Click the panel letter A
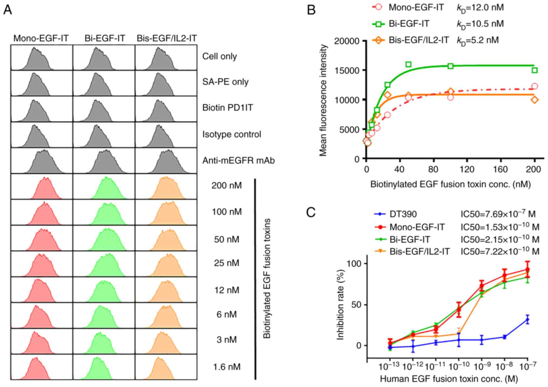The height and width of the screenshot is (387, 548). point(8,10)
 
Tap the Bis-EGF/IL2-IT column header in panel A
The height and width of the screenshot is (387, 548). point(167,39)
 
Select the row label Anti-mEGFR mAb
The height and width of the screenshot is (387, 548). point(238,161)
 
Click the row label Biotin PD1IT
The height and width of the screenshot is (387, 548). point(228,108)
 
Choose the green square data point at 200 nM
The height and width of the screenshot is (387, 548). point(535,70)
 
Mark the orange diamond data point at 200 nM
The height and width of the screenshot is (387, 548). point(535,100)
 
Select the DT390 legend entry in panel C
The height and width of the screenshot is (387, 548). point(403,214)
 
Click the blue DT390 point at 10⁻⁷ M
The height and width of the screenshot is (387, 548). point(527,320)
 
